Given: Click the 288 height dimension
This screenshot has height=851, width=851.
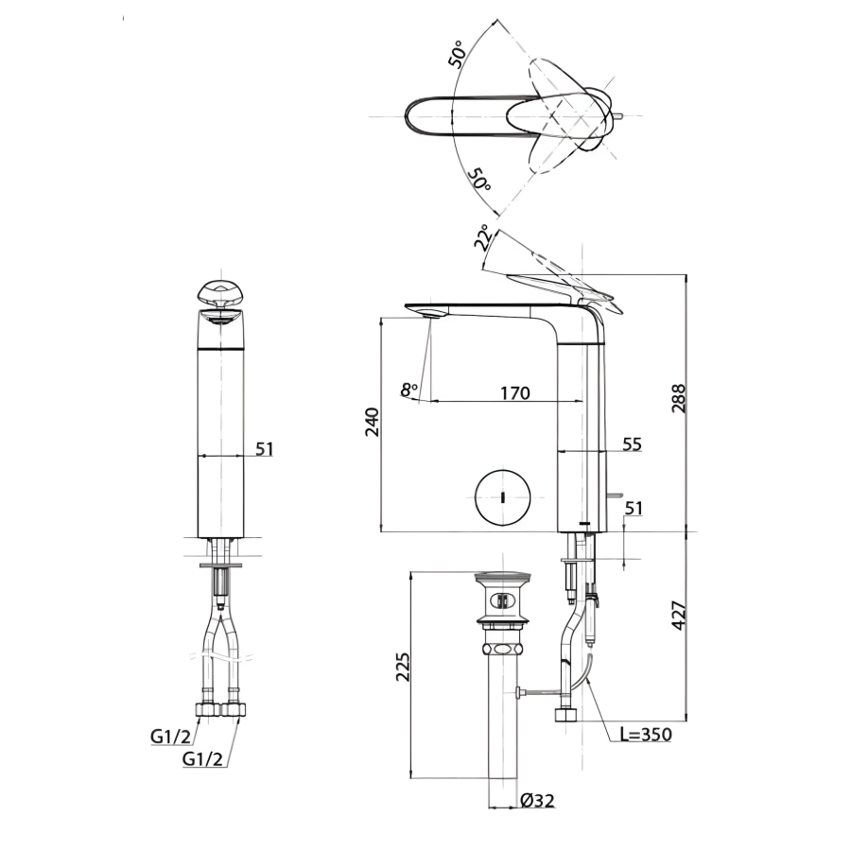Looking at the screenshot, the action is pos(679,398).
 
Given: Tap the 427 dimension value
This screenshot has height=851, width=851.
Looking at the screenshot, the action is pos(679,615).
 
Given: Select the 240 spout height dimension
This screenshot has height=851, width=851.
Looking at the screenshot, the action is pos(373,422).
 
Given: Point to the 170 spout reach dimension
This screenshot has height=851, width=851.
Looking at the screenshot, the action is pos(514,392).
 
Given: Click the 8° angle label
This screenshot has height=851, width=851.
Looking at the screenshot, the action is pos(409,390).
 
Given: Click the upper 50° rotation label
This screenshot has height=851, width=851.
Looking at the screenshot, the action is pos(458,54).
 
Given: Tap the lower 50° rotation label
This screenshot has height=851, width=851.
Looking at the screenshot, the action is pos(479,179).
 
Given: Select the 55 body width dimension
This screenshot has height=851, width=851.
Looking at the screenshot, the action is pos(632,444).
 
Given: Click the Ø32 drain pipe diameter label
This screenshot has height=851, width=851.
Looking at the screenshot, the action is pos(537,801).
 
